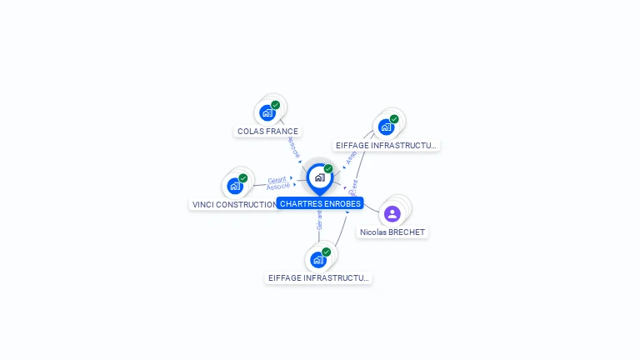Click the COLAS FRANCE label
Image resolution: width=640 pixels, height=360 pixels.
tap(267, 131)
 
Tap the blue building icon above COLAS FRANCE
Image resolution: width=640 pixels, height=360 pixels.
tap(267, 112)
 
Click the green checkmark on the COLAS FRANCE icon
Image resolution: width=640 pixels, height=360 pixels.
tap(276, 105)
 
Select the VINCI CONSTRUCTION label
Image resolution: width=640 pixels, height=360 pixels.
tap(233, 204)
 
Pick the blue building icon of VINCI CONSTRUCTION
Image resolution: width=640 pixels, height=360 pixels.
tap(234, 186)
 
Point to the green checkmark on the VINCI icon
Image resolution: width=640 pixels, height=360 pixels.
tap(243, 177)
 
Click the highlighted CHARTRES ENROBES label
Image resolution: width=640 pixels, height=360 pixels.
tap(320, 203)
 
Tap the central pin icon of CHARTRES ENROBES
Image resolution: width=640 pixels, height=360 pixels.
tap(319, 177)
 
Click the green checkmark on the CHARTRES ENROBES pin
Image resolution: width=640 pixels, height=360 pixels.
tap(328, 168)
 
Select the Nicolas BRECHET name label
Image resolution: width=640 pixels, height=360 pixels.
tap(392, 232)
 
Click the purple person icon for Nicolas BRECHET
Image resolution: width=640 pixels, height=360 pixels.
tap(392, 213)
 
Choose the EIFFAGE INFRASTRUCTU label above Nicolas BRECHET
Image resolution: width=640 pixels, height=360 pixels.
tap(386, 145)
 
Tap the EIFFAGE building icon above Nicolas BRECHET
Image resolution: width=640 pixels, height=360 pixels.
tap(385, 127)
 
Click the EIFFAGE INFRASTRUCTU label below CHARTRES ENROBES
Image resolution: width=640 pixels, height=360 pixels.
tap(318, 278)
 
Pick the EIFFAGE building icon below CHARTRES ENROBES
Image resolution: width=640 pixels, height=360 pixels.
tap(317, 259)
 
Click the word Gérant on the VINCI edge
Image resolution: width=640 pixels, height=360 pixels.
tap(277, 180)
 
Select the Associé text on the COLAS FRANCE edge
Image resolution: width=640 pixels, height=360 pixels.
tap(292, 147)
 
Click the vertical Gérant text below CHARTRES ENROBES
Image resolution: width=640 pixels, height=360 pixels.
tap(319, 220)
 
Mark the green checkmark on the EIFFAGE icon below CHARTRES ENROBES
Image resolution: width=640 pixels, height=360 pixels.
tap(327, 252)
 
